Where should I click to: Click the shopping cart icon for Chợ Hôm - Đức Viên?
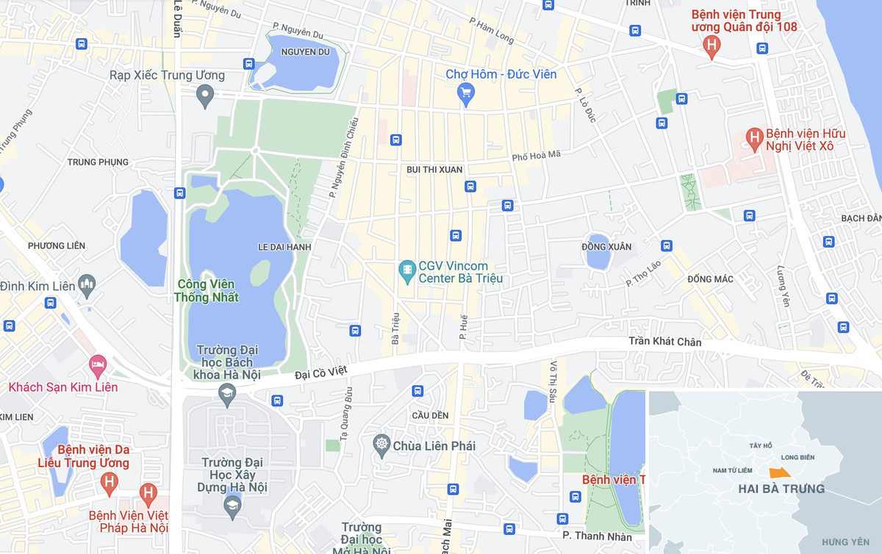465,92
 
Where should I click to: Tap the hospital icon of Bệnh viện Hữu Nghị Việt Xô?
753,137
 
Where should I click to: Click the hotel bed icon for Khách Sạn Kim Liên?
97,363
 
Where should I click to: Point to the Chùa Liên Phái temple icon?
381,445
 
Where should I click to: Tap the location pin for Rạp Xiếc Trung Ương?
206,93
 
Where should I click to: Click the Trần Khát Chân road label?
664,342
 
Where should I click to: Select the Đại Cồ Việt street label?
325,374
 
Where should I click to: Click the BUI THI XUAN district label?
434,170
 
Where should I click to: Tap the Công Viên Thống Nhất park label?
207,290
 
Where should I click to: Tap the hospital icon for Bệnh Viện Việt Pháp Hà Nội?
148,493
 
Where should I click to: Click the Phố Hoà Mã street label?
536,156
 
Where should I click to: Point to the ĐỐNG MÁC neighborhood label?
710,279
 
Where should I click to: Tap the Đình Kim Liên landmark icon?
87,284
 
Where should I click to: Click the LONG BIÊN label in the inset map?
797,457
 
